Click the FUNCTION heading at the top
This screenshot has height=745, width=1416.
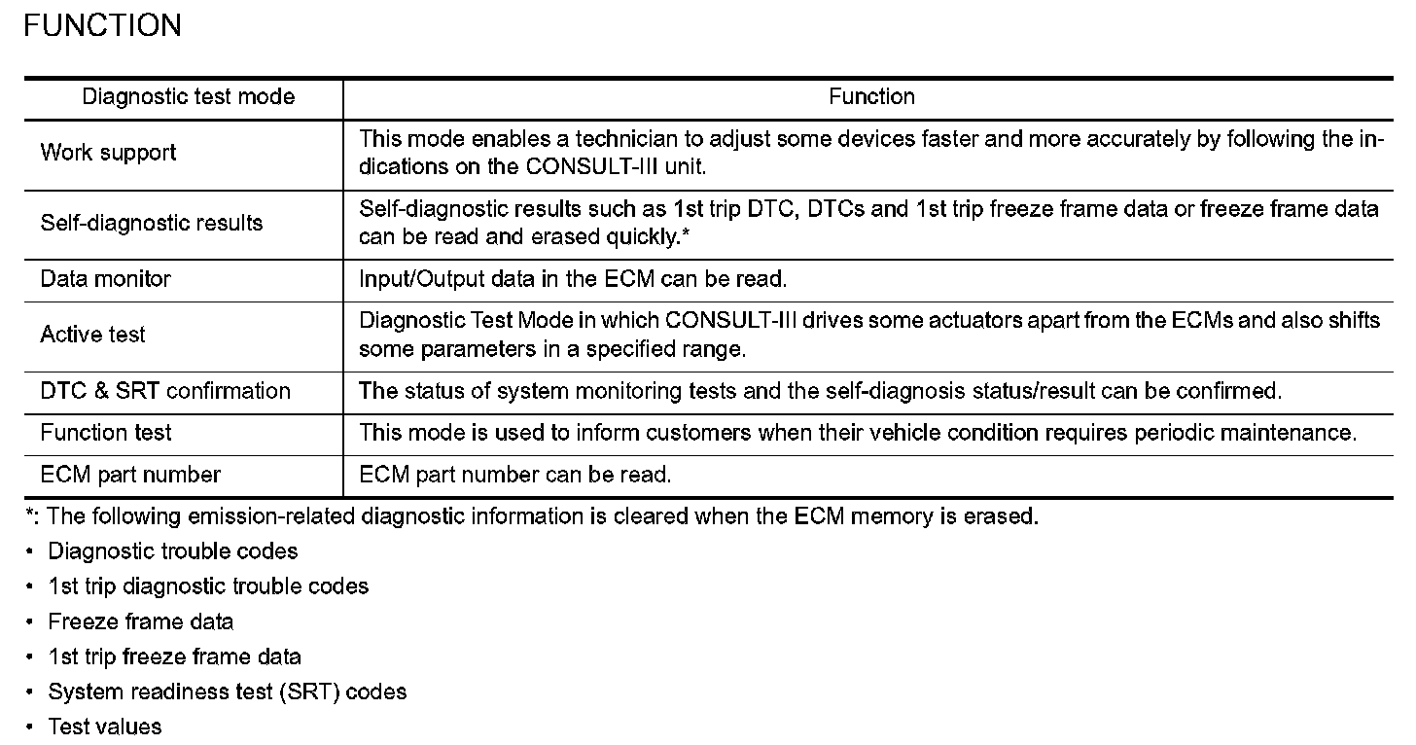point(102,25)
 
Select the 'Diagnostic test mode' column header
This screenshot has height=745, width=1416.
point(188,97)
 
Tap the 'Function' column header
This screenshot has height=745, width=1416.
point(871,97)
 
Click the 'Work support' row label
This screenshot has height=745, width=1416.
point(108,153)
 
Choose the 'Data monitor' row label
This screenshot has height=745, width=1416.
point(105,279)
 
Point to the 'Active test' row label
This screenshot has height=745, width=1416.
point(92,335)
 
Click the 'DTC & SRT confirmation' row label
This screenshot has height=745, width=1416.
point(165,391)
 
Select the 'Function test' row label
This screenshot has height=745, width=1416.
point(105,432)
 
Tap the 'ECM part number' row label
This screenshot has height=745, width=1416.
point(130,475)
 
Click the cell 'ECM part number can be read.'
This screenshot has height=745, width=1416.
point(515,475)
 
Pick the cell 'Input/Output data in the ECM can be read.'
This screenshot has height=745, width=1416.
point(573,279)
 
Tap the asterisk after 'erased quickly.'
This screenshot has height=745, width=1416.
point(686,235)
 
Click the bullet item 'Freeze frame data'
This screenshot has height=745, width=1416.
point(141,621)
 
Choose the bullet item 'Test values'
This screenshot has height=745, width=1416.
point(105,727)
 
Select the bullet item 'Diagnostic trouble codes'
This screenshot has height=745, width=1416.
point(173,551)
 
